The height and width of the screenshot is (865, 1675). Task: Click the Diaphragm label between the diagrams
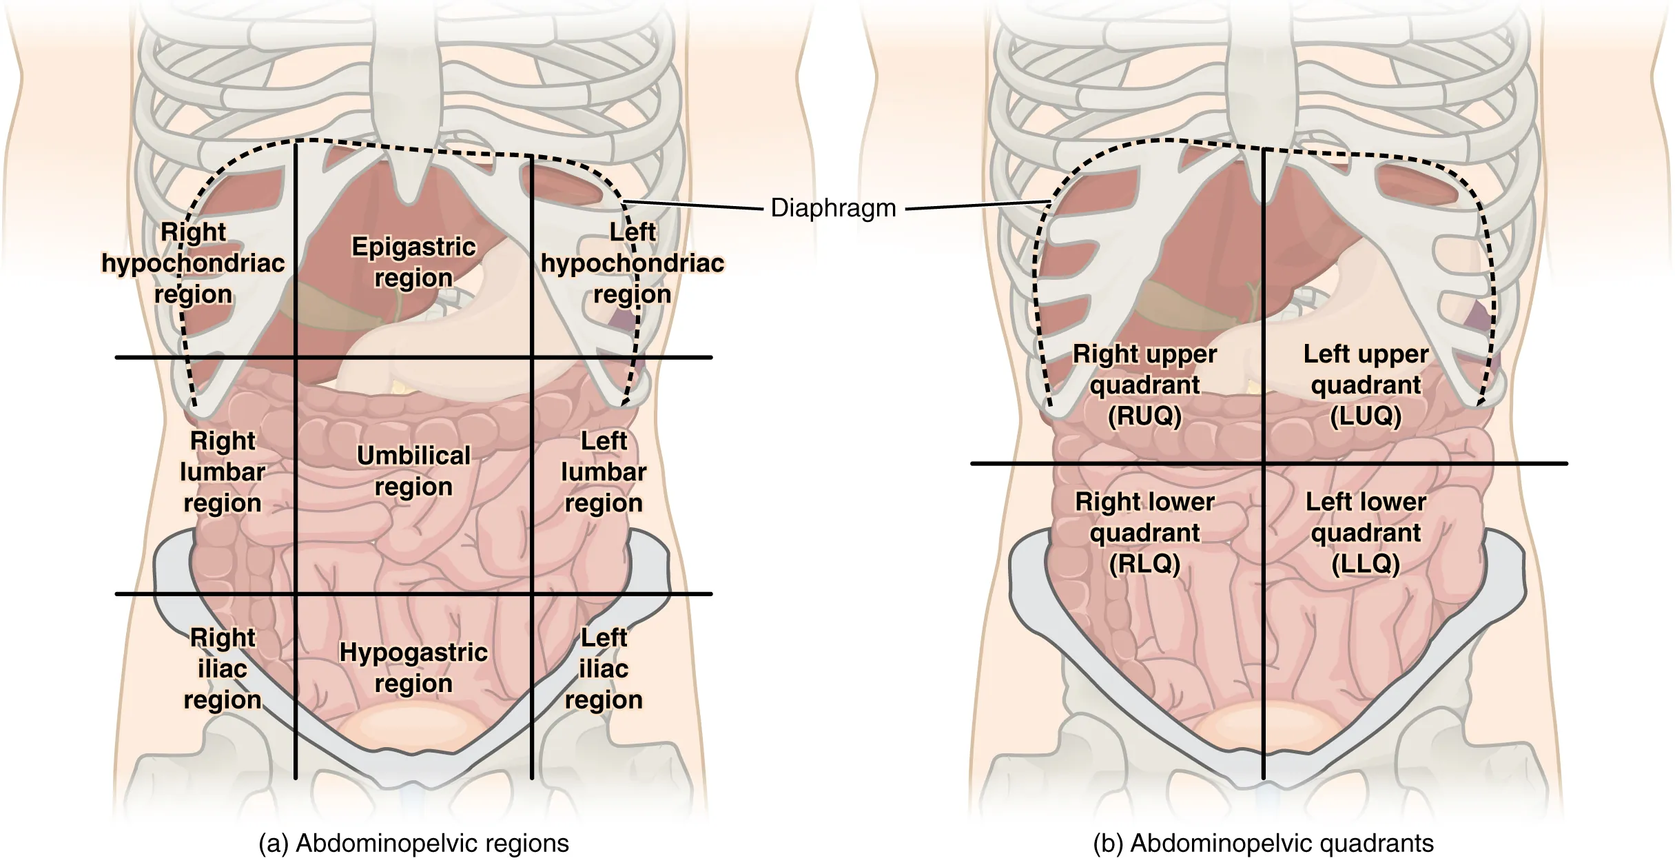(x=833, y=207)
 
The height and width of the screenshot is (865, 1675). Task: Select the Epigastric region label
(x=413, y=262)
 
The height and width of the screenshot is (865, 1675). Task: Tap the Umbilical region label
(x=413, y=471)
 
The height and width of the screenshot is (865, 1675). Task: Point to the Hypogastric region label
(x=413, y=667)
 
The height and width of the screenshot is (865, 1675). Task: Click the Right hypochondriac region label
(x=193, y=263)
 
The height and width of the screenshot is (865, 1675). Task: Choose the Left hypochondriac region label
(x=632, y=263)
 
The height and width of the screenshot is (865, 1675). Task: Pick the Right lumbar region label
(x=223, y=471)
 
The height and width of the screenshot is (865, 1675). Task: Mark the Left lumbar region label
(x=604, y=471)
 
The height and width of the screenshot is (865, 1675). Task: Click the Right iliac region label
(x=223, y=668)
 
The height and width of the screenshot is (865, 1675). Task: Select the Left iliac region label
(x=604, y=668)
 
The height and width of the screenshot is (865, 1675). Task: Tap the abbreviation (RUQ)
(x=1144, y=416)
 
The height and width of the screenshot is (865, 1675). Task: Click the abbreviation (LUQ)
(x=1366, y=416)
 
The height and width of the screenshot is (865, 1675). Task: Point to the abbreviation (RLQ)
(x=1144, y=564)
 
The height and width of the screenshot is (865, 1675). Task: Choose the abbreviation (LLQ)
(x=1366, y=564)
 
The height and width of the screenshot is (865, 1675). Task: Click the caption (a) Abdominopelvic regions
(x=413, y=844)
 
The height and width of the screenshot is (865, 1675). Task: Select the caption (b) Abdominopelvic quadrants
(x=1263, y=844)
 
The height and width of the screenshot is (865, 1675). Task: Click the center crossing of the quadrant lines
(x=1263, y=463)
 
